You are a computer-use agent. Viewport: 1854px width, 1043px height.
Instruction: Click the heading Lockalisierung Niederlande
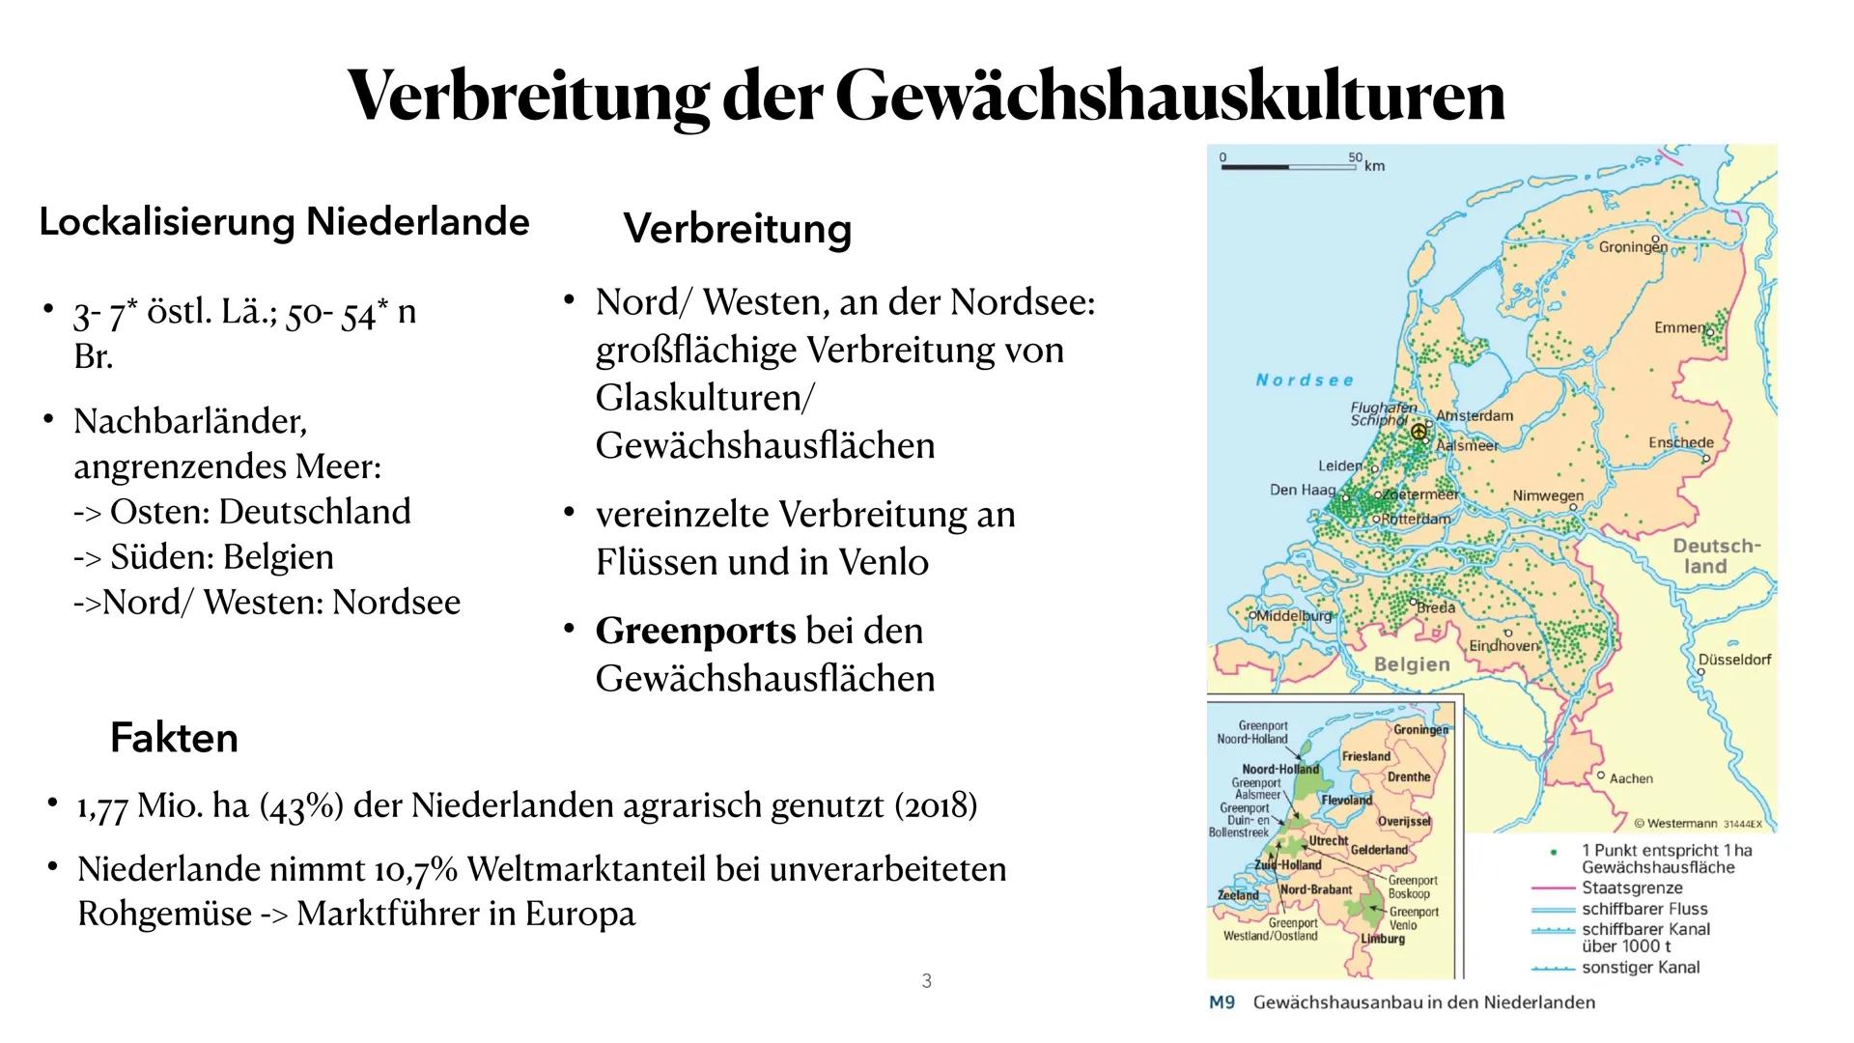click(284, 222)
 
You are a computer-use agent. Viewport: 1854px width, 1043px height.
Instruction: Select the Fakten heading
click(174, 738)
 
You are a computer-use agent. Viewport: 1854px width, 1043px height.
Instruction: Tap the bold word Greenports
click(695, 631)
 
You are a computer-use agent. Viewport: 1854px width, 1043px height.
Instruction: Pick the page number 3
click(927, 981)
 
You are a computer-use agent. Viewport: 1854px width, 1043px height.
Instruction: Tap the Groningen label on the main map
click(1633, 247)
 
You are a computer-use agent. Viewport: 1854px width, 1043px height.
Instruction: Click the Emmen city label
click(1680, 327)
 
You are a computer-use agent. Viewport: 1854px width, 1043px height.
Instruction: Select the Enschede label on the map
click(1681, 442)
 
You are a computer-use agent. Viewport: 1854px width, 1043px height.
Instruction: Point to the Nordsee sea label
click(1305, 381)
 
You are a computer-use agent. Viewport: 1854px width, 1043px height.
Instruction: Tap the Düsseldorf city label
click(1735, 660)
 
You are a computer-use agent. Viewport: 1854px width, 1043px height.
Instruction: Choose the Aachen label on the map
click(1631, 778)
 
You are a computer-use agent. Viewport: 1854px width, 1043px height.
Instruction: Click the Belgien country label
click(1412, 664)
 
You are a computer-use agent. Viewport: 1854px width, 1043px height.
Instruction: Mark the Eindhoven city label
click(1503, 645)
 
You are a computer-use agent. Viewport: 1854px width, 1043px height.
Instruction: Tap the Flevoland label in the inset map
click(1347, 801)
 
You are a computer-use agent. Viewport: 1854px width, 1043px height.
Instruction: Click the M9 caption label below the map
click(1222, 1002)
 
